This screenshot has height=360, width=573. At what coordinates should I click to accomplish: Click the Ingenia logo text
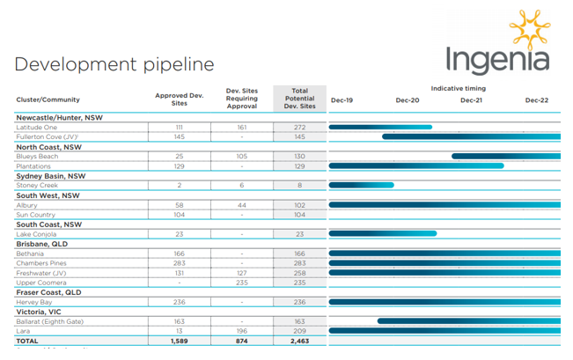[x=497, y=60]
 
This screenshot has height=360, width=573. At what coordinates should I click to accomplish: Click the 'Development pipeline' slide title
[x=114, y=64]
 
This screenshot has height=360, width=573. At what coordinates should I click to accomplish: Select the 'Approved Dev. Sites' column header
[x=179, y=99]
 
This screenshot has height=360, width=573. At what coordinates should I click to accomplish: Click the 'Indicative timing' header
[x=458, y=88]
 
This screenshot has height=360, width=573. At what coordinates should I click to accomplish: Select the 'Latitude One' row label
[x=36, y=127]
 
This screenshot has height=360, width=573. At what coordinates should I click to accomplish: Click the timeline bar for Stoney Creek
[x=361, y=186]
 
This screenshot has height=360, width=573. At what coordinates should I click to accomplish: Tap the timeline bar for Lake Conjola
[x=382, y=233]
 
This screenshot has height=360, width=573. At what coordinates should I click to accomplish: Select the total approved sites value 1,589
[x=179, y=340]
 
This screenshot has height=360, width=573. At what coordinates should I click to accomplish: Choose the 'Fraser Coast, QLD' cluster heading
[x=48, y=291]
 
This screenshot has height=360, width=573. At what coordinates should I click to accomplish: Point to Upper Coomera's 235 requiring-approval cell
[x=241, y=283]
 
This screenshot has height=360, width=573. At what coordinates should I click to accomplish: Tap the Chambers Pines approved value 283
[x=179, y=263]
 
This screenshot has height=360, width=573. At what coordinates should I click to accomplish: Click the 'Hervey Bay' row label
[x=35, y=302]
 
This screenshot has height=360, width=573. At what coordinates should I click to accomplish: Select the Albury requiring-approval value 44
[x=241, y=205]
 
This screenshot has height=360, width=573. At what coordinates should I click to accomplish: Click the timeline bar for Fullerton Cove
[x=470, y=136]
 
